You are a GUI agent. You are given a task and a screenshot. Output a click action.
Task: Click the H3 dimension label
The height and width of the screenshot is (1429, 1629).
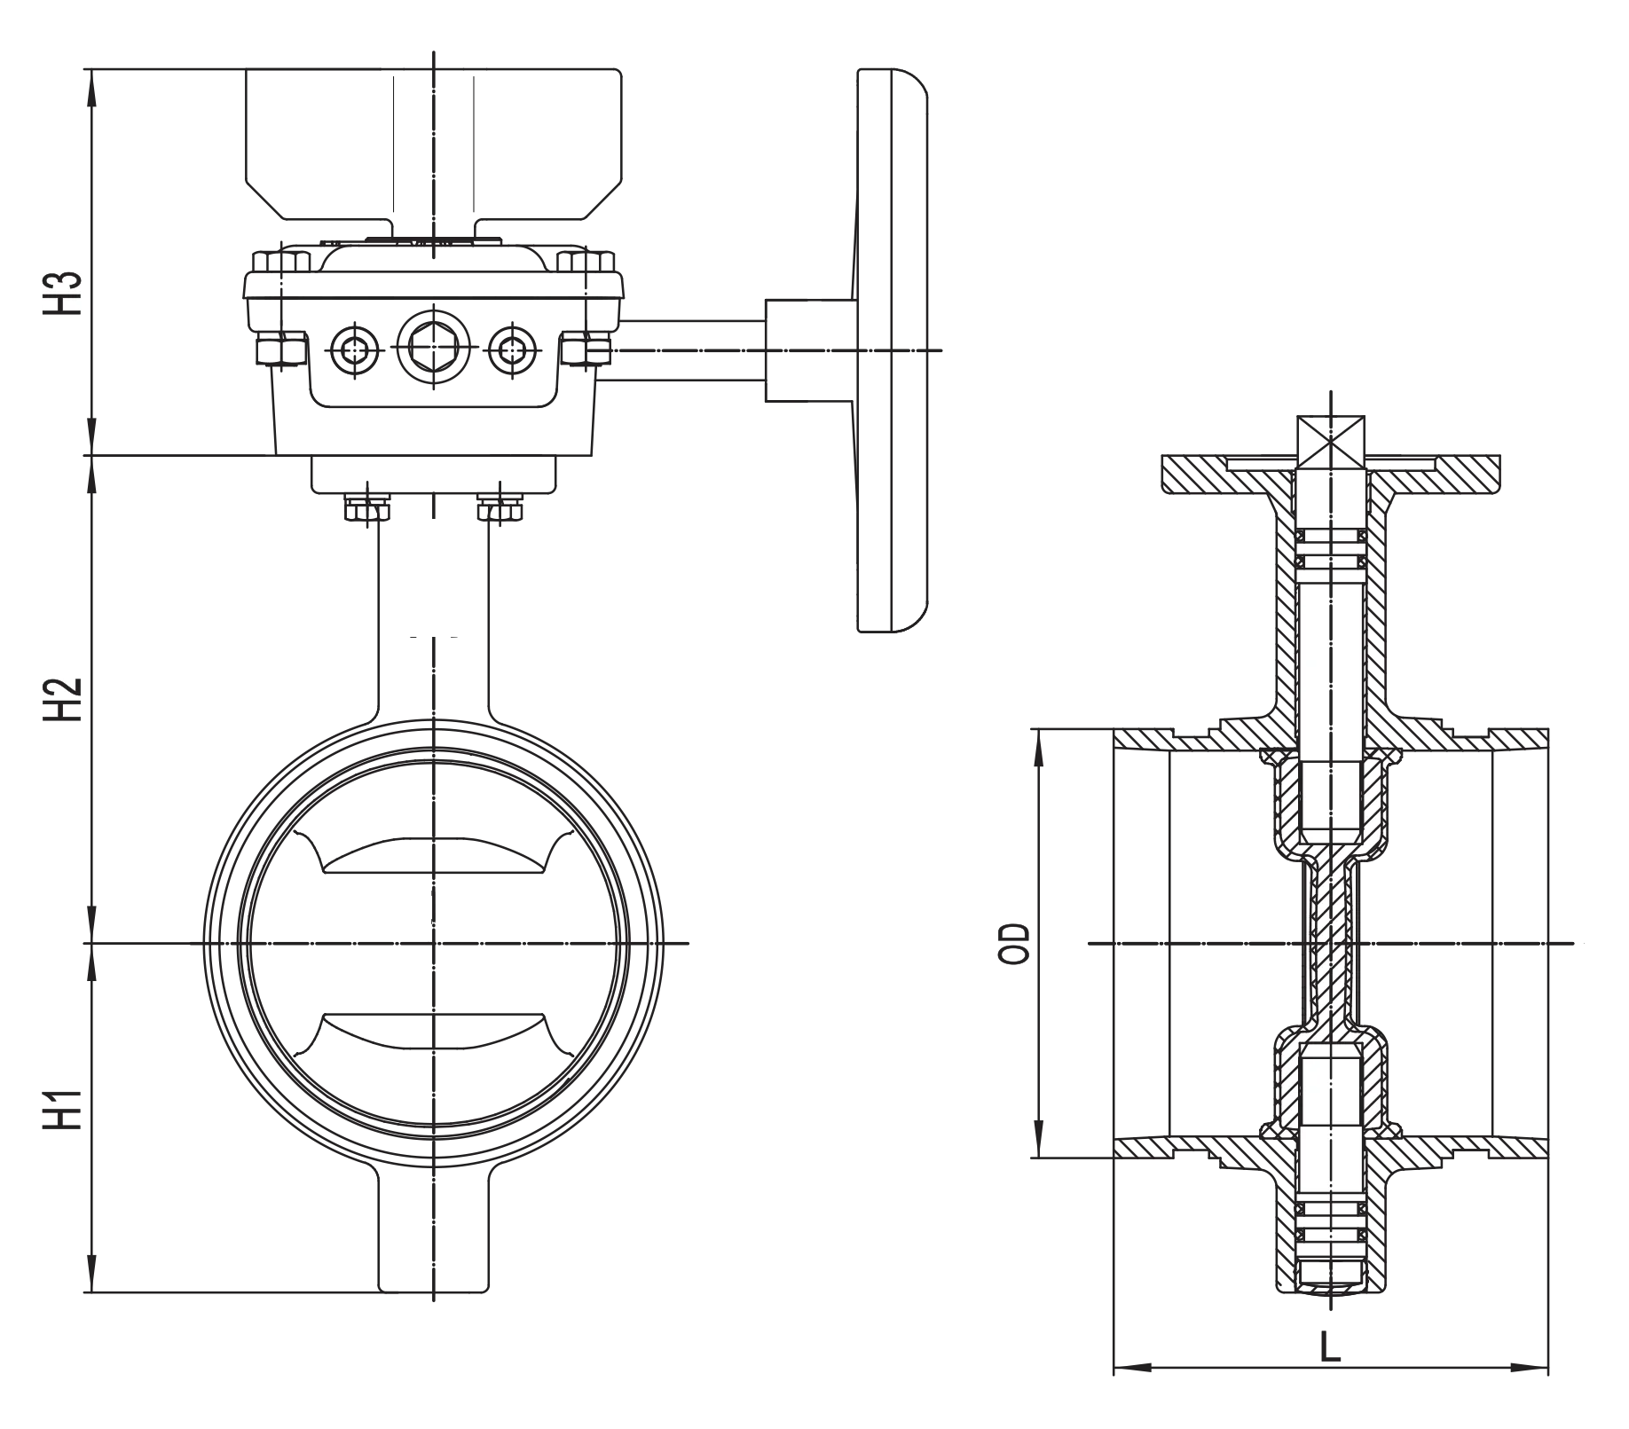(x=60, y=293)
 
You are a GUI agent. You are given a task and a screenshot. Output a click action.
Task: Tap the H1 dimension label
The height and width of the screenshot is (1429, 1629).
(x=60, y=1111)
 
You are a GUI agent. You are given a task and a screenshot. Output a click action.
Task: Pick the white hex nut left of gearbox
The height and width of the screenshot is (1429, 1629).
(x=281, y=349)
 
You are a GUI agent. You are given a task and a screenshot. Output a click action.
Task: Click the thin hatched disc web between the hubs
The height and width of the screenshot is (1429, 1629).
(x=1331, y=945)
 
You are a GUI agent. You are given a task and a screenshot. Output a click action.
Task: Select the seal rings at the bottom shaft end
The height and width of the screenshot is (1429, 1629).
(x=1331, y=1229)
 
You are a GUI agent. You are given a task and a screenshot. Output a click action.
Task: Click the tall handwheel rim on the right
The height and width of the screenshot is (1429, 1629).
(x=890, y=350)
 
